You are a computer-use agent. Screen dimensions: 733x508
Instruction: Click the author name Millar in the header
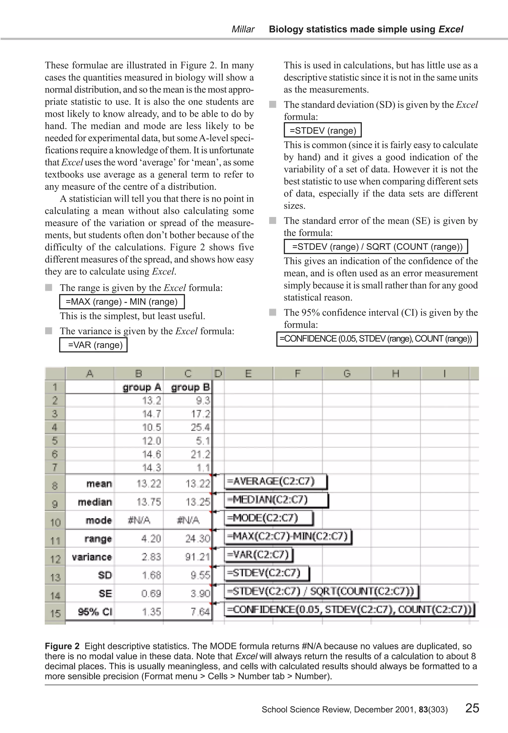243,29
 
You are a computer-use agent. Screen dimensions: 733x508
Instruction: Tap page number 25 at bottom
472,708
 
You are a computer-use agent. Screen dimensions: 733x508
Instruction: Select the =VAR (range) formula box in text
93,345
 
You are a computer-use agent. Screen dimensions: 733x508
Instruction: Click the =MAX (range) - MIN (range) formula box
122,302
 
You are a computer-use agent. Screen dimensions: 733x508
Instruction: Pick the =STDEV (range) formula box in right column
322,131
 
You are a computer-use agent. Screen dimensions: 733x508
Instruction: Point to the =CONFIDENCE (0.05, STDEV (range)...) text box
377,339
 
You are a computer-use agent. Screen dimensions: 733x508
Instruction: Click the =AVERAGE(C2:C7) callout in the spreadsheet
276,481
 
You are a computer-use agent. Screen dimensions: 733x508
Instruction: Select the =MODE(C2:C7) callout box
269,518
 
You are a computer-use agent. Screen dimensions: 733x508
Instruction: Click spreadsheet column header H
395,374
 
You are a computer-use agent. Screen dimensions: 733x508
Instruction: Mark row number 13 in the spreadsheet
55,577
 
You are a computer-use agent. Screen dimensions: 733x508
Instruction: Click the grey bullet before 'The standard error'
272,220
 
